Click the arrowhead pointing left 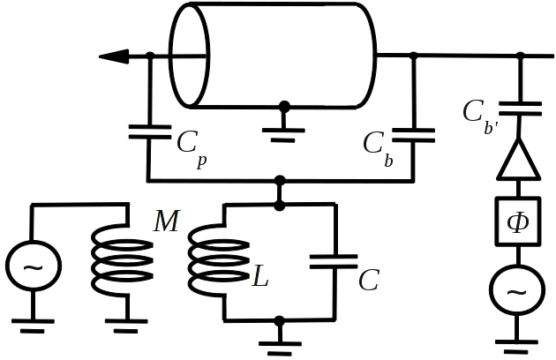(113, 56)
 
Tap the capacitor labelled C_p (149, 131)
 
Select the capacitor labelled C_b (413, 135)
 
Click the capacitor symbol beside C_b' (520, 109)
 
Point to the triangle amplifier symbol (520, 160)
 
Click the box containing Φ (519, 221)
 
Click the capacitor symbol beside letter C (334, 261)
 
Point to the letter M (166, 222)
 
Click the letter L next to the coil (260, 278)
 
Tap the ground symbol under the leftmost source (34, 328)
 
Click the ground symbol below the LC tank (280, 338)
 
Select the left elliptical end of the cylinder (189, 56)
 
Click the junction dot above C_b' (520, 56)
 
